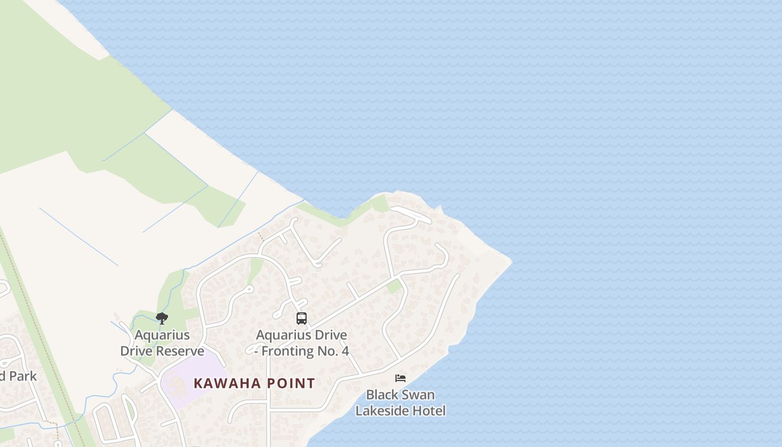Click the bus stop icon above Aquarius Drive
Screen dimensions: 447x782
[x=302, y=318]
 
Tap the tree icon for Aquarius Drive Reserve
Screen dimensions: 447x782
[x=162, y=318]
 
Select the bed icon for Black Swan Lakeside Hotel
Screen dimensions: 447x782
[x=400, y=378]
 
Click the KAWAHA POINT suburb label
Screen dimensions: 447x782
[x=254, y=383]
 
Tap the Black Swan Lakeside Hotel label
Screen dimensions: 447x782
[x=400, y=403]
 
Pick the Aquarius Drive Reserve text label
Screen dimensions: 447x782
[x=162, y=343]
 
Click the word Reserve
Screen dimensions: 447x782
[x=180, y=351]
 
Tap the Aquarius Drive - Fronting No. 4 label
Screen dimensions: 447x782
[x=302, y=343]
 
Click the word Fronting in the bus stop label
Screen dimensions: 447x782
[x=289, y=351]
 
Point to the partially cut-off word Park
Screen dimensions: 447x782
[x=22, y=376]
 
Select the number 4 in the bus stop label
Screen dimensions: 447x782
[x=345, y=351]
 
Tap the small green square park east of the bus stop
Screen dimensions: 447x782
[x=394, y=287]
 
